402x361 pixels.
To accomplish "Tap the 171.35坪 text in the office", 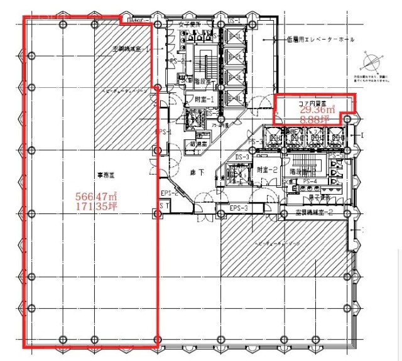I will (x=96, y=205).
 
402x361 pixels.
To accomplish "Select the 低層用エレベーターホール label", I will (x=319, y=39).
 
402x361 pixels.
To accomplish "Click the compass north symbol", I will (x=369, y=63).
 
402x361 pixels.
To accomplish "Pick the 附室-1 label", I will (x=205, y=99).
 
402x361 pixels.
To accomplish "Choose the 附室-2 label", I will (x=268, y=170).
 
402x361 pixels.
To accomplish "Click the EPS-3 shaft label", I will (x=239, y=208).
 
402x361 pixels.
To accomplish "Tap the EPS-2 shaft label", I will (x=170, y=193).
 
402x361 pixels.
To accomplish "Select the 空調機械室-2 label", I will (x=314, y=212).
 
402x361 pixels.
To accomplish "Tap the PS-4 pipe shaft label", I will (x=310, y=182).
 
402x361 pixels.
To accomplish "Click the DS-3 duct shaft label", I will (x=242, y=157).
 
